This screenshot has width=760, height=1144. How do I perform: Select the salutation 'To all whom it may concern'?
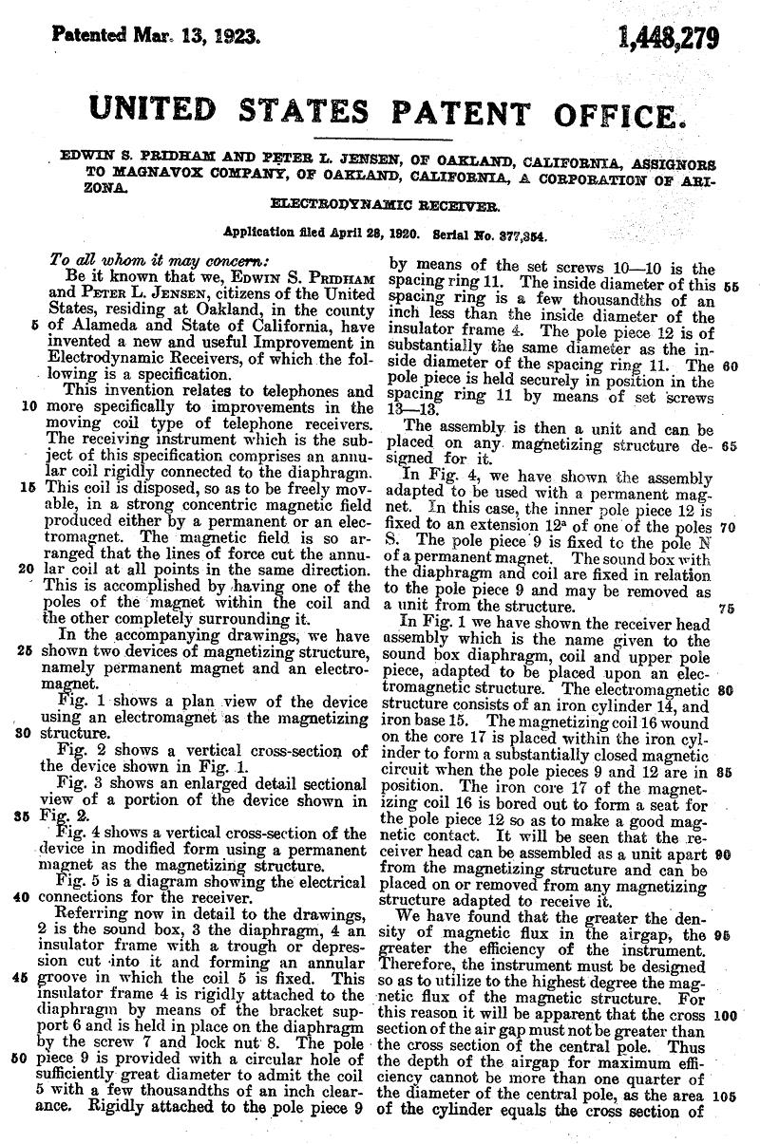click(158, 259)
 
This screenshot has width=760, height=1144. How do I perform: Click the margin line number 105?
click(724, 1096)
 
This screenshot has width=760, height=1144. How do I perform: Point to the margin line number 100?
click(724, 1014)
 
